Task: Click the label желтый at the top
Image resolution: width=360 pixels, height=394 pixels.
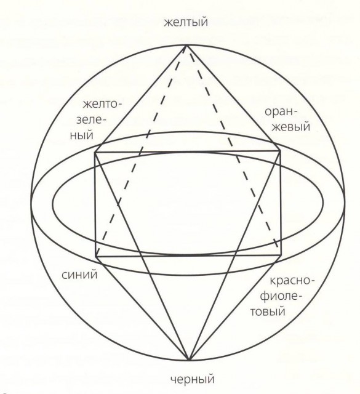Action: pos(186,22)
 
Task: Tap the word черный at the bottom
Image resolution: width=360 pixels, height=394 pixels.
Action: pos(193,379)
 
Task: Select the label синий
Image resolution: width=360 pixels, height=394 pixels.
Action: pos(79,275)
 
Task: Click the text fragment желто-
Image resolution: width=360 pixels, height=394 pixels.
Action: pos(102,104)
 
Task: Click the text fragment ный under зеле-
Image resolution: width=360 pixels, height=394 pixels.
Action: pos(82,135)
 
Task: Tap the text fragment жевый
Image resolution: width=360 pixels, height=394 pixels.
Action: pos(292,126)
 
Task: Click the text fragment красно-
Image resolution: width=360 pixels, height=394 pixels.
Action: pos(292,281)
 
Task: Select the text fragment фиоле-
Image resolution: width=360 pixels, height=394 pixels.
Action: pos(281,296)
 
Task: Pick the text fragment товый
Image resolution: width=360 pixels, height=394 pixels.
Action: pos(268,312)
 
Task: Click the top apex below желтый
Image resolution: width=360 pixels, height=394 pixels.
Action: pos(186,46)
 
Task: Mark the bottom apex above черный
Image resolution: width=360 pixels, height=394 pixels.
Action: pos(190,360)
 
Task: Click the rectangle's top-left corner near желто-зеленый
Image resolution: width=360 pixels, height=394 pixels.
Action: pos(95,152)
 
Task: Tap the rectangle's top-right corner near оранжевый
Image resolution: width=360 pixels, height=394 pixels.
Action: pos(280,151)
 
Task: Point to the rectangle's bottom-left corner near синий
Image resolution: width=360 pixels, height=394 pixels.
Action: pos(96,257)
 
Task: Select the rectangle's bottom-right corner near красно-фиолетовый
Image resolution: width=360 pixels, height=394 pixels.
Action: pos(281,255)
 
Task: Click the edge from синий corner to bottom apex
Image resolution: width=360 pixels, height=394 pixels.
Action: pos(143,308)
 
